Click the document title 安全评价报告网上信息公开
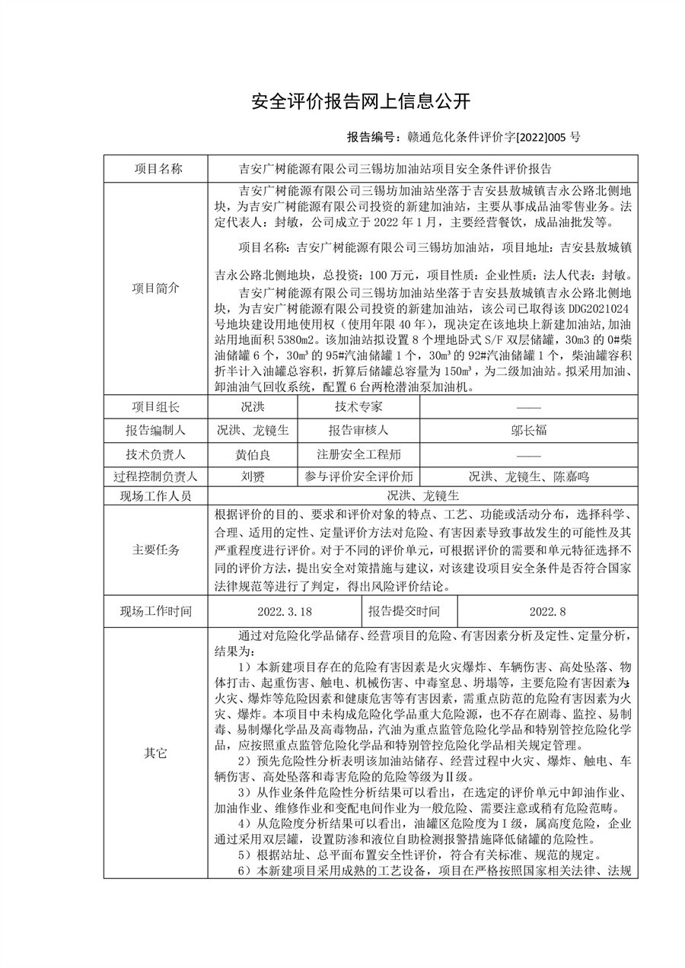pos(361,101)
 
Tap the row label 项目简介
pos(157,288)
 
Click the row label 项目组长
pos(157,408)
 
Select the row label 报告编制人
pos(157,431)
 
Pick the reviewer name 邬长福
pos(528,431)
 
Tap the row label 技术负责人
pos(157,455)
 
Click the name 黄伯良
pos(253,455)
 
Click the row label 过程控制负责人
pos(157,477)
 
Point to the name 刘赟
pos(253,477)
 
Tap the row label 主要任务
pos(157,550)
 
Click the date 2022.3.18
pos(285,611)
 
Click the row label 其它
pos(157,753)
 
